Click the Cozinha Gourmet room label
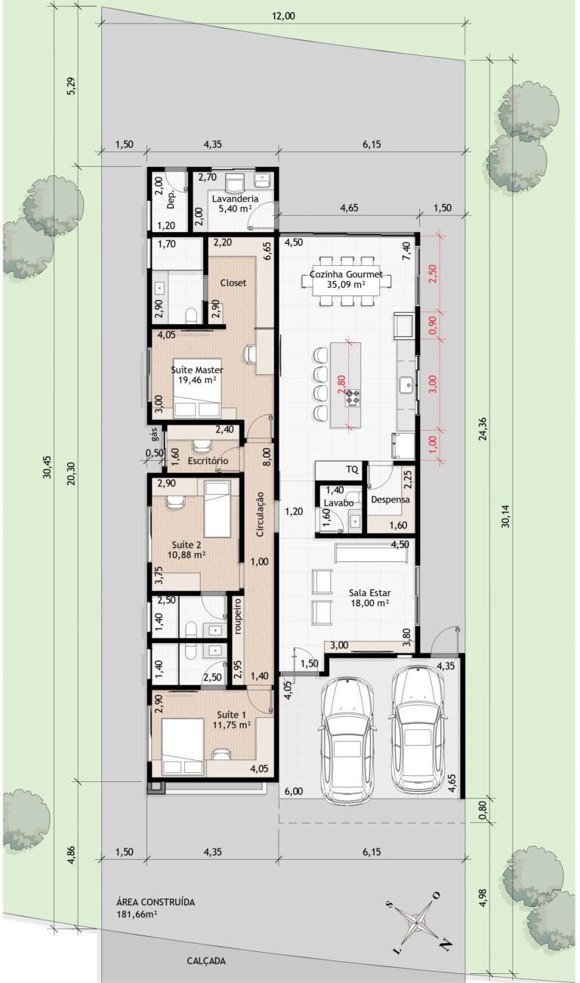pos(346,274)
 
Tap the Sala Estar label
pos(369,592)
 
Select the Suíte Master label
pos(197,370)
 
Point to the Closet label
pos(233,283)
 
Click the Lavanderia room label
pos(235,199)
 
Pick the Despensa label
pos(390,499)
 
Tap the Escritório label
pos(208,461)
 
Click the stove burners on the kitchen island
pos(352,398)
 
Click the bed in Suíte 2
pos(217,509)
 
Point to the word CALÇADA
pos(206,961)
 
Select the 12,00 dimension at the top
pos(283,16)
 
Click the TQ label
pos(352,469)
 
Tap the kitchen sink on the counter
pos(407,385)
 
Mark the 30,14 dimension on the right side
pos(505,516)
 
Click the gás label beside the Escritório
pos(154,434)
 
